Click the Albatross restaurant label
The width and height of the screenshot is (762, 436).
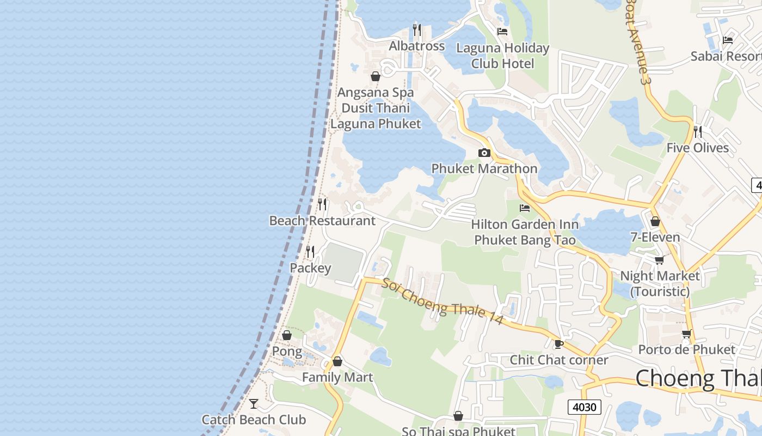417,46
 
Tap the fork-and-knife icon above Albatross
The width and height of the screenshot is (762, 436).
417,29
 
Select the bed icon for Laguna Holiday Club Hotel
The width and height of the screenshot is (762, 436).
502,32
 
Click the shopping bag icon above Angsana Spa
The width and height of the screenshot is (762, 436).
376,76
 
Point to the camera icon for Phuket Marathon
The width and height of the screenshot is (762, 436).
484,153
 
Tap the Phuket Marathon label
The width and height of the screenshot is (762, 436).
484,169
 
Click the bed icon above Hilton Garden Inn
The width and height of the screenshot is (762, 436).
525,208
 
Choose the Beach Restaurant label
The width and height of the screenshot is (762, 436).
322,221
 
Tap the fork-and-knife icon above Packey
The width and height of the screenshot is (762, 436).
310,251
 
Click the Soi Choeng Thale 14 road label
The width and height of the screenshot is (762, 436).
442,301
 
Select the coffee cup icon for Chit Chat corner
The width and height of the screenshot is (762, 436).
558,344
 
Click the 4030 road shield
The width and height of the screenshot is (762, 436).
585,407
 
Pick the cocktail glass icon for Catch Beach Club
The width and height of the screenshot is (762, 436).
254,404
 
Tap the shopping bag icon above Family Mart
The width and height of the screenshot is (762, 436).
337,361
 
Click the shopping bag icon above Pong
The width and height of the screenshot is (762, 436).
287,335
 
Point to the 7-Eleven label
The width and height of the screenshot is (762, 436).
655,237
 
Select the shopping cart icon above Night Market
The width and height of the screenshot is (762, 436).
660,259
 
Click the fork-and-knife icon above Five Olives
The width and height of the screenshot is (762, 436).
698,131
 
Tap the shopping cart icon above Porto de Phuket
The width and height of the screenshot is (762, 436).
686,333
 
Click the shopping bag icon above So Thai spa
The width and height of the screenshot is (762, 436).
458,416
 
